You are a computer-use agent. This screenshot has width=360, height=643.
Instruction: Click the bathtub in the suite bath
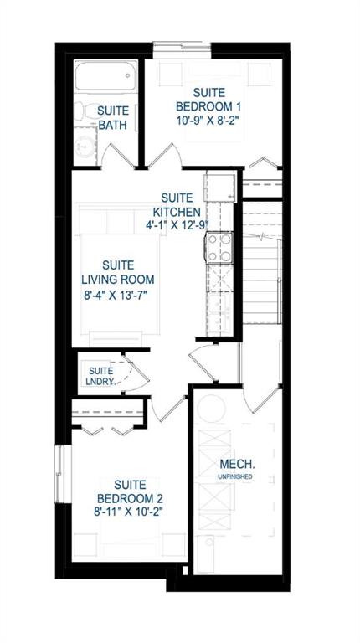point(105,76)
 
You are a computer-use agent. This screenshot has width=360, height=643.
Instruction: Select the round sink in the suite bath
point(85,145)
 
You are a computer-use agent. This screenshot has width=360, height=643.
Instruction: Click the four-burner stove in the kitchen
point(219,247)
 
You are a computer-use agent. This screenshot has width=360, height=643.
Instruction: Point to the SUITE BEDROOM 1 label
point(208,100)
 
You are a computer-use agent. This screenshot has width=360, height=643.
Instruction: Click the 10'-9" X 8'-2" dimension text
point(208,121)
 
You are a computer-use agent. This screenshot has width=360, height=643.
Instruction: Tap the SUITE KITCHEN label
point(177,205)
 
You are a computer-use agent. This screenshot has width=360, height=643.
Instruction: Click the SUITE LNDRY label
point(99,376)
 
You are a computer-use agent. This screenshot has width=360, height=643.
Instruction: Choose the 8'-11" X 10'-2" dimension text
point(130,512)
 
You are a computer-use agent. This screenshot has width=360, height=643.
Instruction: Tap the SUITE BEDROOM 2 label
point(130,491)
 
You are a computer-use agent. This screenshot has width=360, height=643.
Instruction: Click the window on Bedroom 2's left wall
point(60,473)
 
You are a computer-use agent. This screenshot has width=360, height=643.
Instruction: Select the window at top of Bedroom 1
point(182,45)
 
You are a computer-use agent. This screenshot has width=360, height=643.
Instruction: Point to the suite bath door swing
point(118,156)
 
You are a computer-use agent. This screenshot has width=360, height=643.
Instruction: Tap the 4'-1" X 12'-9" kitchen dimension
point(177,224)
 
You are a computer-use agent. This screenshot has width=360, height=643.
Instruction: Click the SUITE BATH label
point(113,118)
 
